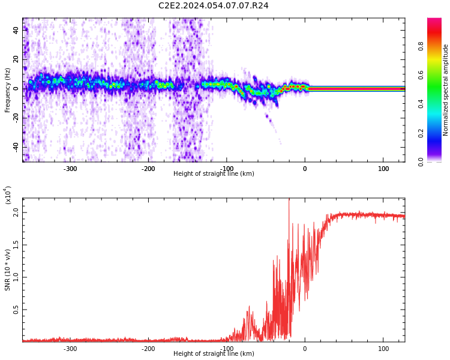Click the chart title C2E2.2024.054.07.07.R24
pos(213,6)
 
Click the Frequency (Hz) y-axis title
pos(8,90)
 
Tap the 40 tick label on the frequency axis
pos(16,31)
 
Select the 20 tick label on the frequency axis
pos(16,59)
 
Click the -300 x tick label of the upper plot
pos(70,169)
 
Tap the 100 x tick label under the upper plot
pos(383,169)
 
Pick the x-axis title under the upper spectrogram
pos(214,174)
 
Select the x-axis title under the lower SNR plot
pos(214,354)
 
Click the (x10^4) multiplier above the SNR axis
pos(8,195)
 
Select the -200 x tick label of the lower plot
pos(148,349)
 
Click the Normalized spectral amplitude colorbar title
pos(446,90)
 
